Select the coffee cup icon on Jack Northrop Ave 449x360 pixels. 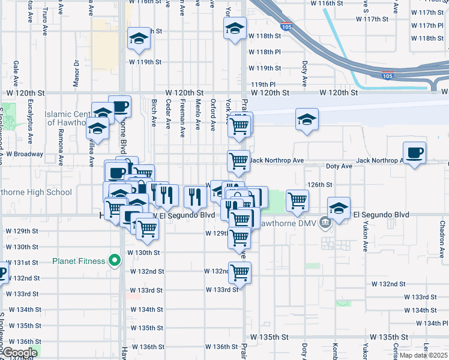click(x=414, y=152)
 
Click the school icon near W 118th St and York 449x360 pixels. click(x=235, y=28)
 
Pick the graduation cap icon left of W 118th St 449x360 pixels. click(x=139, y=39)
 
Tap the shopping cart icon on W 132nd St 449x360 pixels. click(x=240, y=272)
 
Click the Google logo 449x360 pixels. click(x=19, y=353)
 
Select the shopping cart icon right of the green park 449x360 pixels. click(x=297, y=200)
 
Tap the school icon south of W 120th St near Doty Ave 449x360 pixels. click(x=307, y=119)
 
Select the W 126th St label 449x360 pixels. click(x=321, y=184)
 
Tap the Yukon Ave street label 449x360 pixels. click(x=364, y=238)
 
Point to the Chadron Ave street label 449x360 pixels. click(x=441, y=233)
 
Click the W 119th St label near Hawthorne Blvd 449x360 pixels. click(x=146, y=62)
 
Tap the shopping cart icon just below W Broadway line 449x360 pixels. click(x=238, y=161)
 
